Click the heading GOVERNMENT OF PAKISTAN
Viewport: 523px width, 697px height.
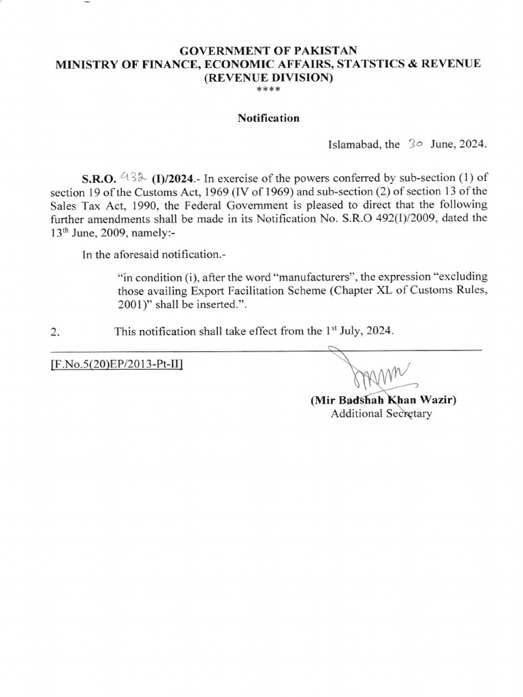(x=262, y=50)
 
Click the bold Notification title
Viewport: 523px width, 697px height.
(x=268, y=118)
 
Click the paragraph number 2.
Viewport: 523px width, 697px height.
(x=55, y=332)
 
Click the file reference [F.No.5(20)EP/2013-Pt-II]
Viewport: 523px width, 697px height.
(x=116, y=364)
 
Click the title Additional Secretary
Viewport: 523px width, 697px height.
(x=381, y=414)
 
